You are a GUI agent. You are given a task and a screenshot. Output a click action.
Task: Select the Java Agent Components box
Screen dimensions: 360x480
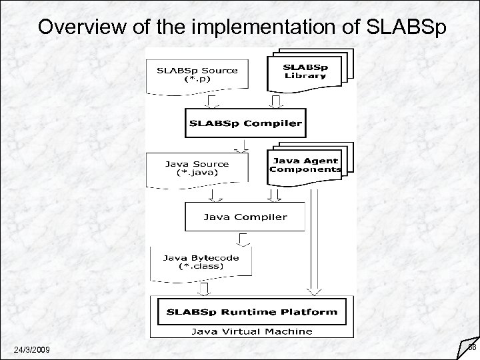pyautogui.click(x=305, y=165)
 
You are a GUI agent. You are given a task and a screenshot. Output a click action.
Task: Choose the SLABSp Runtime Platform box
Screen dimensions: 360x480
pyautogui.click(x=247, y=311)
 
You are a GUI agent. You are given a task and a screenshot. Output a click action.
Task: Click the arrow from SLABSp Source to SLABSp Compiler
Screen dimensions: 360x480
pyautogui.click(x=212, y=101)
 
